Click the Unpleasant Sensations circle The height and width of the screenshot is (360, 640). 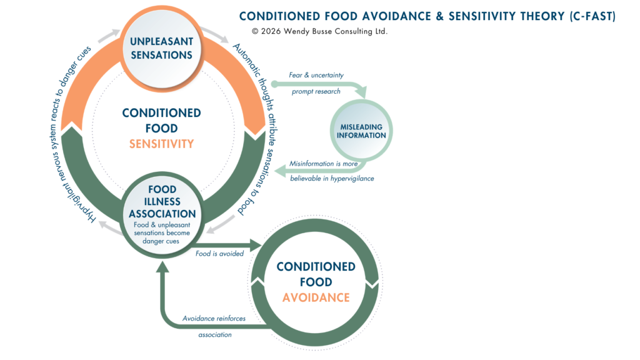pyautogui.click(x=161, y=47)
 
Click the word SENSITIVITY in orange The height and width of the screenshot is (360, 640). pyautogui.click(x=161, y=144)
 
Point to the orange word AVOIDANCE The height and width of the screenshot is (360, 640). pyautogui.click(x=316, y=297)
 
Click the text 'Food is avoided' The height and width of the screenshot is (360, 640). pyautogui.click(x=219, y=254)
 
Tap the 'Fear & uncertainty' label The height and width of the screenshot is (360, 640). pyautogui.click(x=316, y=75)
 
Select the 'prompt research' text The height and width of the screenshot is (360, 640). pyautogui.click(x=316, y=91)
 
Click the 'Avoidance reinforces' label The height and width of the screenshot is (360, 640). pyautogui.click(x=214, y=318)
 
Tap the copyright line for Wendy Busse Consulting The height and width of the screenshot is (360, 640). pyautogui.click(x=319, y=31)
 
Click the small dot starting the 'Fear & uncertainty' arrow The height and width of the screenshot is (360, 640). pyautogui.click(x=274, y=82)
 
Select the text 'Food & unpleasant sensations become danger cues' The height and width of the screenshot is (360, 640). pyautogui.click(x=162, y=231)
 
